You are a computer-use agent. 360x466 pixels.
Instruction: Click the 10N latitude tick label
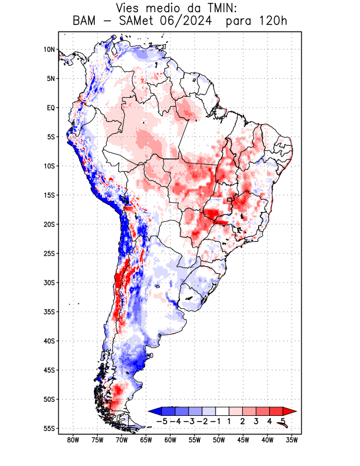click(49, 50)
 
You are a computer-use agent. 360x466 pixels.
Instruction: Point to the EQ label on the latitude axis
click(50, 108)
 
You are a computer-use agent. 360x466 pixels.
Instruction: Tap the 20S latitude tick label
click(49, 224)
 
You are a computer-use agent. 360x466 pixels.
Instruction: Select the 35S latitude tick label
click(49, 312)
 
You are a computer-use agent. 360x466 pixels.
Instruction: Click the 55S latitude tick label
click(49, 428)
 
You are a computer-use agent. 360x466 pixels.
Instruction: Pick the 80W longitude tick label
click(73, 440)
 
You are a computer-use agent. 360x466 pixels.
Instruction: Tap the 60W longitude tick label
click(170, 440)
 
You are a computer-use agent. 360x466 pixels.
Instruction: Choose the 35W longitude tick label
click(292, 440)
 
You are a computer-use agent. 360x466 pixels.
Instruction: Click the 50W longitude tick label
click(219, 440)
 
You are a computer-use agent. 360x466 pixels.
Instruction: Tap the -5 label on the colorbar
click(160, 421)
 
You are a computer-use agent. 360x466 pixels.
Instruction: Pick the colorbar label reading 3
click(256, 421)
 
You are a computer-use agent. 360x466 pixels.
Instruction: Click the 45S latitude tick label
click(49, 370)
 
